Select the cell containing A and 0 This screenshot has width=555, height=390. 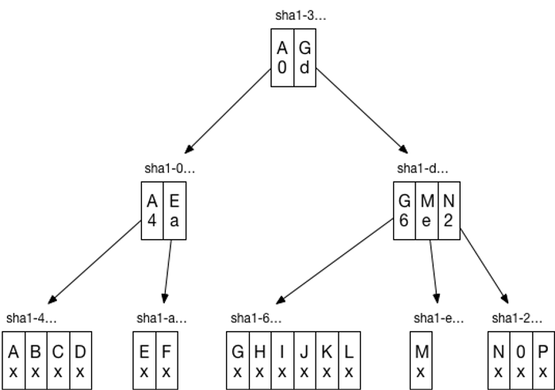[282, 58]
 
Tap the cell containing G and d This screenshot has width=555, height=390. [305, 58]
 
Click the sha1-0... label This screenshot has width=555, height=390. [170, 168]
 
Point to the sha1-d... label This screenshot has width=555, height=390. [423, 168]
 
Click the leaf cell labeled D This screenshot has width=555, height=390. [80, 361]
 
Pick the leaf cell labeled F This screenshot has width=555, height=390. [166, 361]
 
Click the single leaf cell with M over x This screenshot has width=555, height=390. [422, 361]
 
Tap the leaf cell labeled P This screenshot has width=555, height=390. [541, 361]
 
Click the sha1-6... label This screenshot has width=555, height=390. [255, 319]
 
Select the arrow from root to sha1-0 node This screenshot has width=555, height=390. [230, 111]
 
